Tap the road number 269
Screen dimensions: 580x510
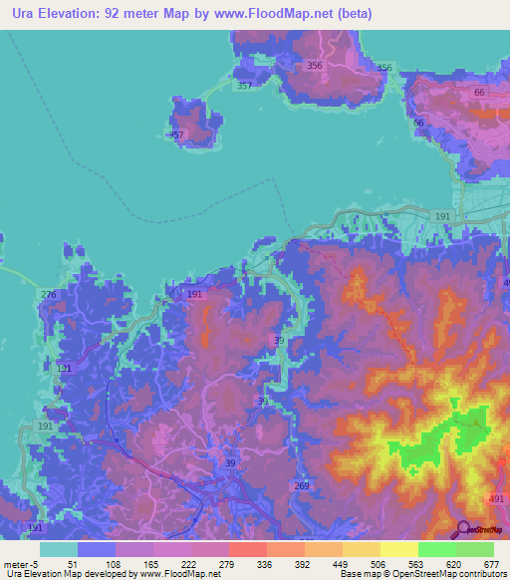pyautogui.click(x=303, y=486)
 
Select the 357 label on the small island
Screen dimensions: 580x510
pyautogui.click(x=175, y=135)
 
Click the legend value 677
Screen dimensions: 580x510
pyautogui.click(x=491, y=563)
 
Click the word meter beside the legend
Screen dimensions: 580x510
pyautogui.click(x=17, y=563)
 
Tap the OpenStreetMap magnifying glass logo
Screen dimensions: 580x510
pyautogui.click(x=462, y=529)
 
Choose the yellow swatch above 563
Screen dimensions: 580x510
pyautogui.click(x=398, y=548)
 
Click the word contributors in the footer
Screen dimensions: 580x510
pyautogui.click(x=476, y=574)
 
